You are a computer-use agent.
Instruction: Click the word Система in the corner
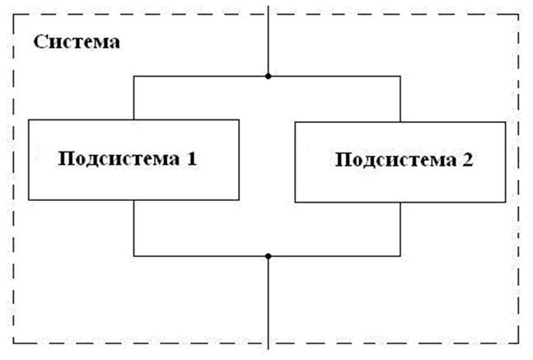[x=77, y=41]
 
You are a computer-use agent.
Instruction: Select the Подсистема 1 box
[x=133, y=160]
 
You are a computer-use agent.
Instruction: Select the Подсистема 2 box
[x=400, y=161]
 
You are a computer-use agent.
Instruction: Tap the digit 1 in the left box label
[x=191, y=158]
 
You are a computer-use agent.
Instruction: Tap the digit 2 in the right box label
[x=468, y=160]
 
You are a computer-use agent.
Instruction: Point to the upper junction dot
[x=268, y=77]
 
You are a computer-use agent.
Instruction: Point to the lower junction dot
[x=268, y=255]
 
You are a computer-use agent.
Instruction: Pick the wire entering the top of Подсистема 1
[x=133, y=99]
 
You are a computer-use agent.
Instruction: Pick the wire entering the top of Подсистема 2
[x=400, y=99]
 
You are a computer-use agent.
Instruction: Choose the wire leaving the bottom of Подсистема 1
[x=133, y=229]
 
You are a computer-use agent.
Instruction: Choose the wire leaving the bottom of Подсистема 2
[x=400, y=229]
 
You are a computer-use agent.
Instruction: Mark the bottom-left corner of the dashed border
[x=14, y=343]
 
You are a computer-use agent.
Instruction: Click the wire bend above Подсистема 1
[x=133, y=77]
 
